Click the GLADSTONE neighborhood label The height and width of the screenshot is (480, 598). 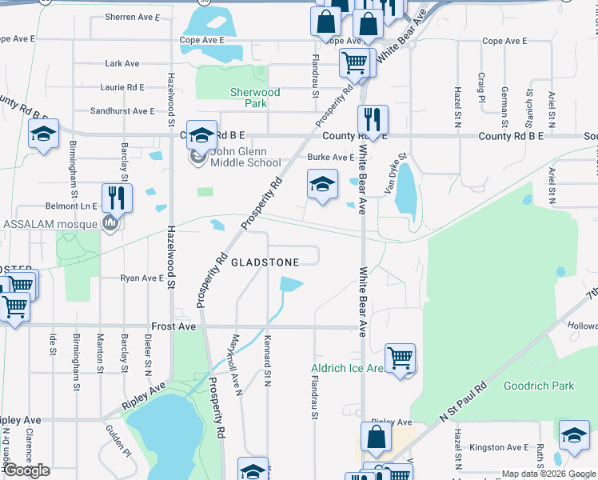tap(265, 262)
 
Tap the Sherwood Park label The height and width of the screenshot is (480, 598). tap(255, 98)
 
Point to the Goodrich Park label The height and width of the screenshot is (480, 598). tap(538, 386)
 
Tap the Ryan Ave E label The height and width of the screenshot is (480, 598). tap(142, 278)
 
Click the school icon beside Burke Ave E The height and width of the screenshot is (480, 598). tap(321, 185)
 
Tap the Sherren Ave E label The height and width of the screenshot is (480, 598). tap(133, 16)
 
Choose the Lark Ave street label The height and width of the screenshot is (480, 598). tap(122, 64)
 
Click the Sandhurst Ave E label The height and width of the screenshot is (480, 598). tap(122, 111)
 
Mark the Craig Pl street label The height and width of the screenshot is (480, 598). tap(481, 87)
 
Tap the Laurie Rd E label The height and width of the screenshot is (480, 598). tap(122, 87)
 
